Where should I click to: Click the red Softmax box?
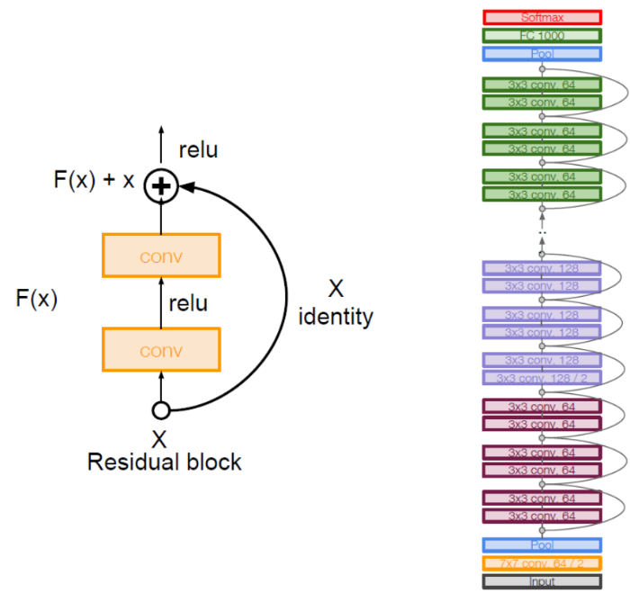[541, 17]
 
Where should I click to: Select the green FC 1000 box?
[541, 36]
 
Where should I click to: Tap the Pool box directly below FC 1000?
[541, 54]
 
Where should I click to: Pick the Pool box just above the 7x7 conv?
[541, 545]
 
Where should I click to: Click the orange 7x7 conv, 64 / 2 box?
[541, 563]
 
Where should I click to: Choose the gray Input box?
[541, 581]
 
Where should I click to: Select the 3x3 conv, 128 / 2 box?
[541, 378]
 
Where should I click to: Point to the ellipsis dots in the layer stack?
[542, 230]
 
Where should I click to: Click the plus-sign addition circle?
[161, 185]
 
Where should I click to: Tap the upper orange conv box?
[161, 256]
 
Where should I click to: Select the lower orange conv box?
[161, 350]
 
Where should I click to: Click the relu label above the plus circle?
[198, 150]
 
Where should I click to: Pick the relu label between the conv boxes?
[188, 303]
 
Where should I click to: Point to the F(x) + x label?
[94, 180]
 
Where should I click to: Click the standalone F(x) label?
[37, 299]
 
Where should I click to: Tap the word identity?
[336, 317]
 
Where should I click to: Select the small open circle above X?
[161, 410]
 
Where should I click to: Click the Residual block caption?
[164, 463]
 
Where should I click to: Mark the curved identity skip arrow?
[285, 297]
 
